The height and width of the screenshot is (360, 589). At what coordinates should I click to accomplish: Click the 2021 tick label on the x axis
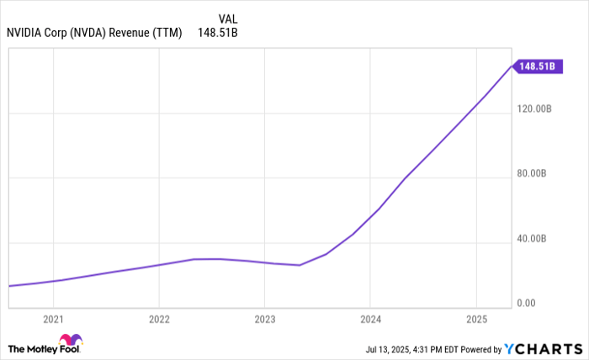coord(53,320)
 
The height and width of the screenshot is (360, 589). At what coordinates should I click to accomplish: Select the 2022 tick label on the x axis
coord(159,320)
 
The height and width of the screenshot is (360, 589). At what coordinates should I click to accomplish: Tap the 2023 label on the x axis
coord(264,320)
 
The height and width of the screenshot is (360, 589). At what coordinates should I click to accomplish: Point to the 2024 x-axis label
coord(370,320)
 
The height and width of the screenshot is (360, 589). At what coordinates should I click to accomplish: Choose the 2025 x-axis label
coord(476,320)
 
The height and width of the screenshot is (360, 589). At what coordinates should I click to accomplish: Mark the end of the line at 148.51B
coord(512,66)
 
